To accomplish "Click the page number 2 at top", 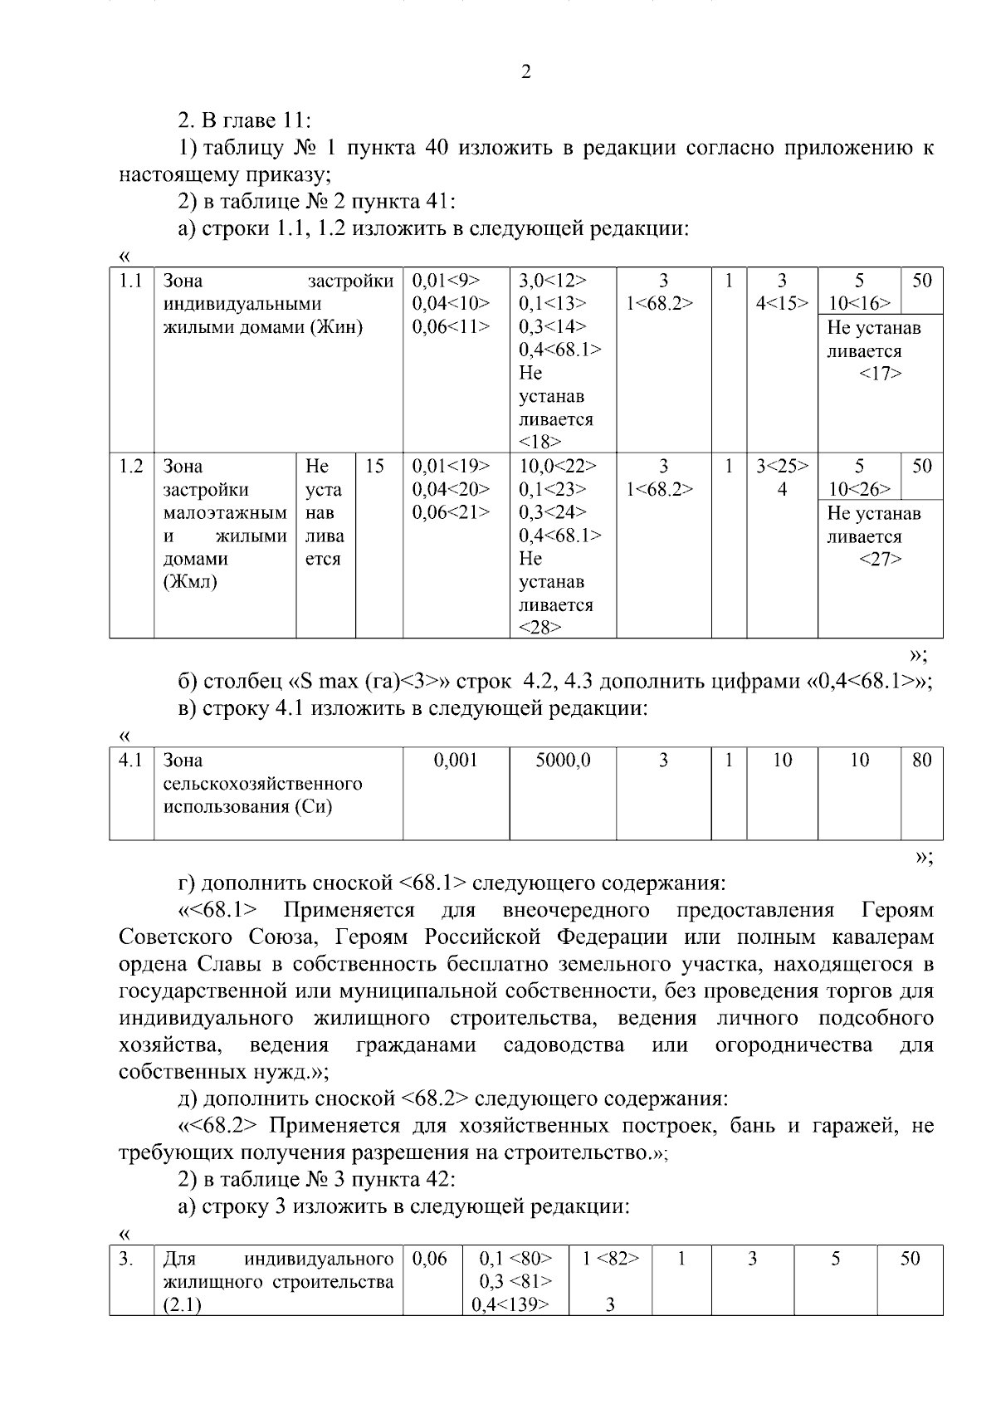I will coord(525,72).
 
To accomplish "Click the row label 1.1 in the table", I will coord(130,281).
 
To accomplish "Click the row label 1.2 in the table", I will coord(130,467).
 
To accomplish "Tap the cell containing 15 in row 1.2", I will coord(374,467).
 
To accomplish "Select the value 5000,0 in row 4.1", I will coord(562,760).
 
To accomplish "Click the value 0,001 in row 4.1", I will coord(456,760).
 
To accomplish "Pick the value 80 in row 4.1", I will coord(921,760).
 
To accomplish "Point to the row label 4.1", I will coord(130,760).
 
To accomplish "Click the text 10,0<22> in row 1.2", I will coord(557,467).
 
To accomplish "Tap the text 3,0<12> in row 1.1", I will coord(552,281).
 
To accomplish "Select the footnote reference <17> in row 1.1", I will coord(880,374).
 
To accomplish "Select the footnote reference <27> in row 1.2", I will coord(880,560).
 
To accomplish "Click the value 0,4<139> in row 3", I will coord(510,1305).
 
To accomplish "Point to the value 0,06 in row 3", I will coord(429,1259).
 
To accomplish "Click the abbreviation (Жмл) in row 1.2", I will coord(190,582).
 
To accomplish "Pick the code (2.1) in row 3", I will coord(182,1305).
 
